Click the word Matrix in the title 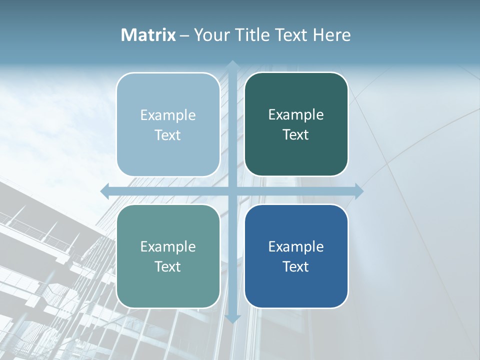(148, 35)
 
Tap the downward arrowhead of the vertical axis (232, 318)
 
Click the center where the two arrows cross (232, 191)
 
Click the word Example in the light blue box (168, 115)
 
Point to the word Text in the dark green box (296, 135)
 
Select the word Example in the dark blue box (296, 246)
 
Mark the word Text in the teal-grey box (168, 266)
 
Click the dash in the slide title (184, 35)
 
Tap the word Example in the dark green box (296, 115)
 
